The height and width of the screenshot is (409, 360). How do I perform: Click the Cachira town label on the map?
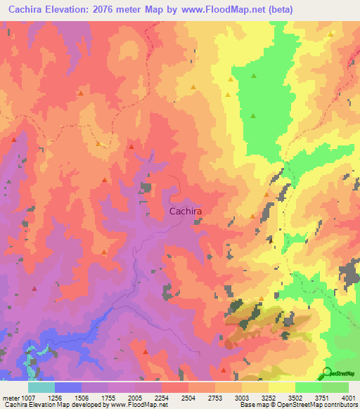(x=186, y=210)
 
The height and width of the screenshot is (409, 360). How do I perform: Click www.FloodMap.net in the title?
(x=215, y=10)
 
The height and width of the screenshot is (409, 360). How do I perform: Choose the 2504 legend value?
(x=188, y=398)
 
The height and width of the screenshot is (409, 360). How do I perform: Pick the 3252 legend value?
(x=269, y=398)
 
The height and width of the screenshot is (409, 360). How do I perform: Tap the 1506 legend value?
(x=82, y=398)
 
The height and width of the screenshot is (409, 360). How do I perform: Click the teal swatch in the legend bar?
(x=41, y=387)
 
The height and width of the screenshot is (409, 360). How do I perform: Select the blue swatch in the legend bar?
(x=68, y=387)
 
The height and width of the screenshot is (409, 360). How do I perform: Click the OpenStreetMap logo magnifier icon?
(x=327, y=372)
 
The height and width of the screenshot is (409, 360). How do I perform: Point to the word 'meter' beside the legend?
(x=9, y=398)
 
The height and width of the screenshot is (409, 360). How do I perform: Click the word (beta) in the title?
(x=278, y=10)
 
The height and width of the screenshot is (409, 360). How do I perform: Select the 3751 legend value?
(x=322, y=398)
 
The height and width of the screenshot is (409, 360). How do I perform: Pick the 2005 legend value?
(x=135, y=398)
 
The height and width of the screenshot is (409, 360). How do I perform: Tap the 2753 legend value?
(x=215, y=398)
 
